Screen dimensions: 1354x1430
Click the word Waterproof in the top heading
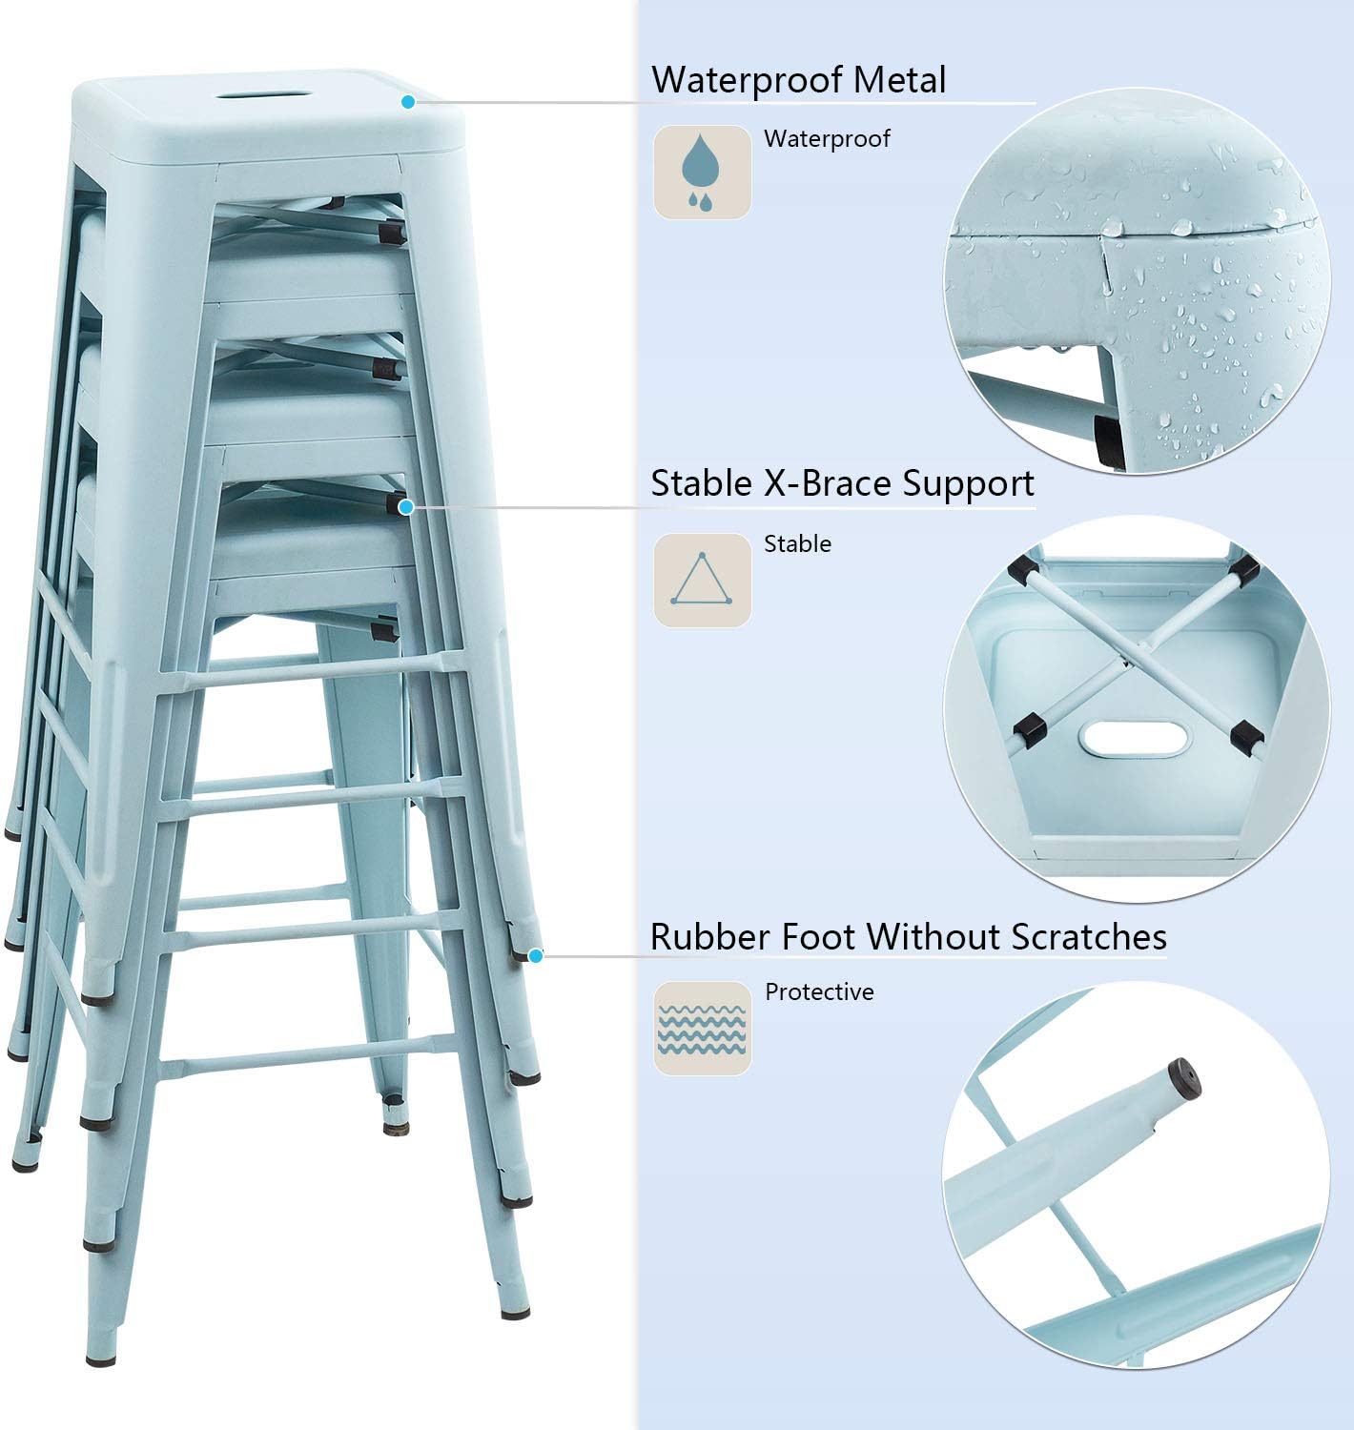click(x=748, y=79)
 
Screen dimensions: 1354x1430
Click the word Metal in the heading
click(x=900, y=79)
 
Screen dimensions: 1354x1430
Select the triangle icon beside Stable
click(x=702, y=580)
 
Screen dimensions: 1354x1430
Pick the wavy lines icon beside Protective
click(x=702, y=1029)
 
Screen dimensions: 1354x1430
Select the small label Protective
click(x=819, y=992)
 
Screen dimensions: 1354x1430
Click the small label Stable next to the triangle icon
click(x=797, y=544)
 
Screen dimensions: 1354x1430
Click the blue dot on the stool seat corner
click(x=408, y=102)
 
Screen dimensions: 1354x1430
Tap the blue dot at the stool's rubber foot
click(x=536, y=956)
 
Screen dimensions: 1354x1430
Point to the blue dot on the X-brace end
click(x=406, y=507)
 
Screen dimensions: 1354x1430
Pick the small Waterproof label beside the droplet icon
click(x=827, y=139)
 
